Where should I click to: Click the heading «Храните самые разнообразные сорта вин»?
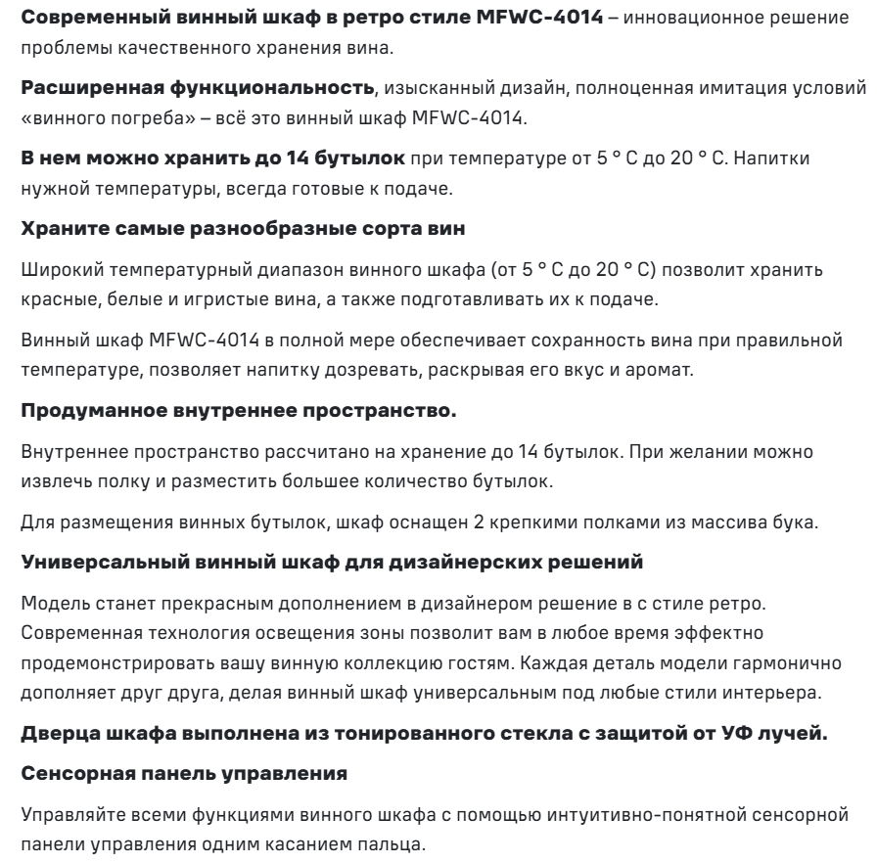point(225,202)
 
